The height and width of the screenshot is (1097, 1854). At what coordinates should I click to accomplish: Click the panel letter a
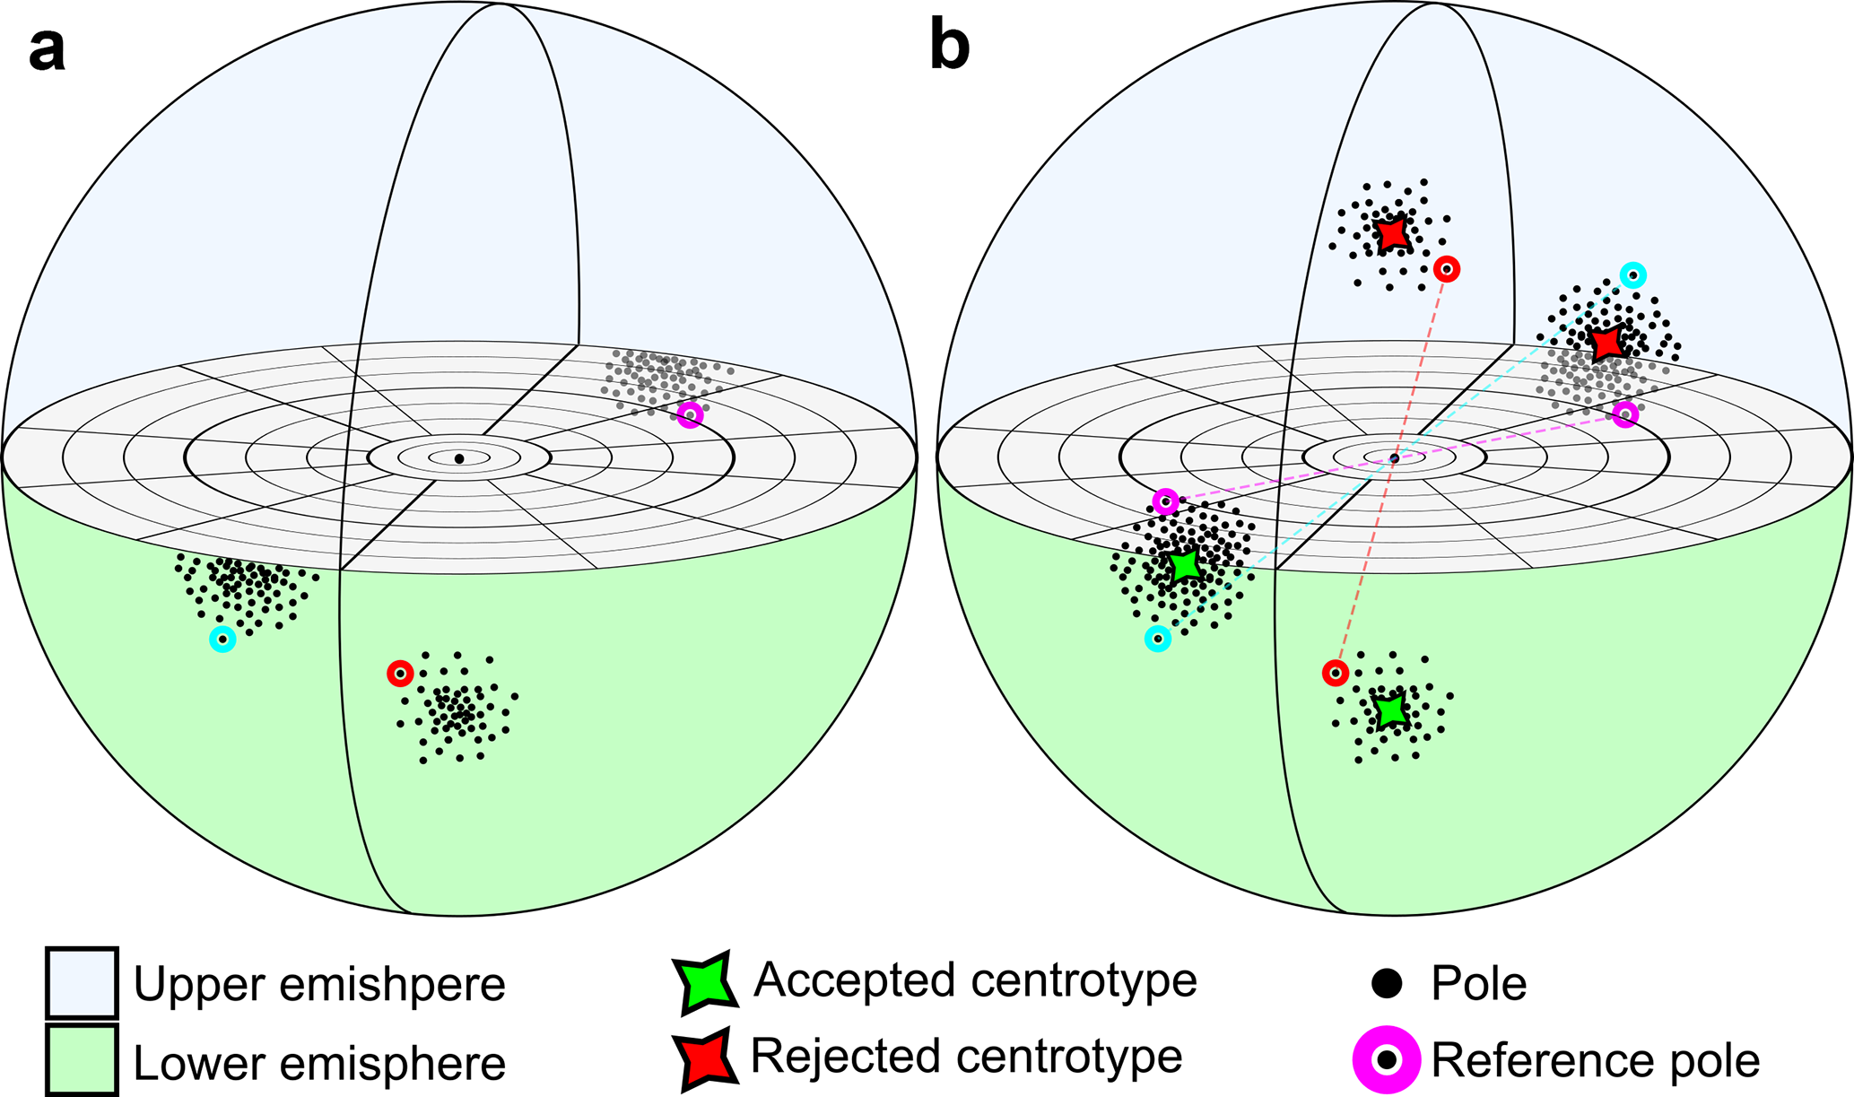(x=47, y=49)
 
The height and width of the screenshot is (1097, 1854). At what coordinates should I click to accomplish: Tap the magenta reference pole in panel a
(x=690, y=414)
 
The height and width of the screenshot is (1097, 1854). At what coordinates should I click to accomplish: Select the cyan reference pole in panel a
(x=222, y=640)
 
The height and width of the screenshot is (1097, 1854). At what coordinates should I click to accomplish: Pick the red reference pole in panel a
(x=400, y=673)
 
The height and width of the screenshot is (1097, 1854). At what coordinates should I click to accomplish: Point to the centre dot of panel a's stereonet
(x=459, y=458)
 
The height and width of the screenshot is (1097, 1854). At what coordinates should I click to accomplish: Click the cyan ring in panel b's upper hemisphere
(x=1633, y=274)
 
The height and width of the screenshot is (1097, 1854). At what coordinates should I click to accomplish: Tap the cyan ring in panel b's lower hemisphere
(x=1158, y=639)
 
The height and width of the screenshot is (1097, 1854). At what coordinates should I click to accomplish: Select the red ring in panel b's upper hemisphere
(x=1446, y=268)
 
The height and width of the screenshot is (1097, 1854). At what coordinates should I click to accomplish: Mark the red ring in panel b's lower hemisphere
(x=1336, y=673)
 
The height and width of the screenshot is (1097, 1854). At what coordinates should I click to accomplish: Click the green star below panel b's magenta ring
(x=1185, y=566)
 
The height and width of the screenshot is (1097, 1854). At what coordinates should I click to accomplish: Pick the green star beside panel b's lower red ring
(x=1391, y=710)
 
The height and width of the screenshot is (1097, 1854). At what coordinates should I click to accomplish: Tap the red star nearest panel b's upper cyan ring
(x=1606, y=342)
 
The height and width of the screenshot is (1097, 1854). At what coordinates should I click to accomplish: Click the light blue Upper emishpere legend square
(x=82, y=983)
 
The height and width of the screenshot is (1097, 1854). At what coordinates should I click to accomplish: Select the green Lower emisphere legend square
(x=82, y=1060)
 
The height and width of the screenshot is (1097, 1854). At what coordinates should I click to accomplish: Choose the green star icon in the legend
(x=705, y=982)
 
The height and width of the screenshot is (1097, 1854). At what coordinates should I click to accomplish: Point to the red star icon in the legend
(x=705, y=1059)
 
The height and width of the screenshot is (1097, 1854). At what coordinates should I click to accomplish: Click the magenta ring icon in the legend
(x=1387, y=1060)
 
